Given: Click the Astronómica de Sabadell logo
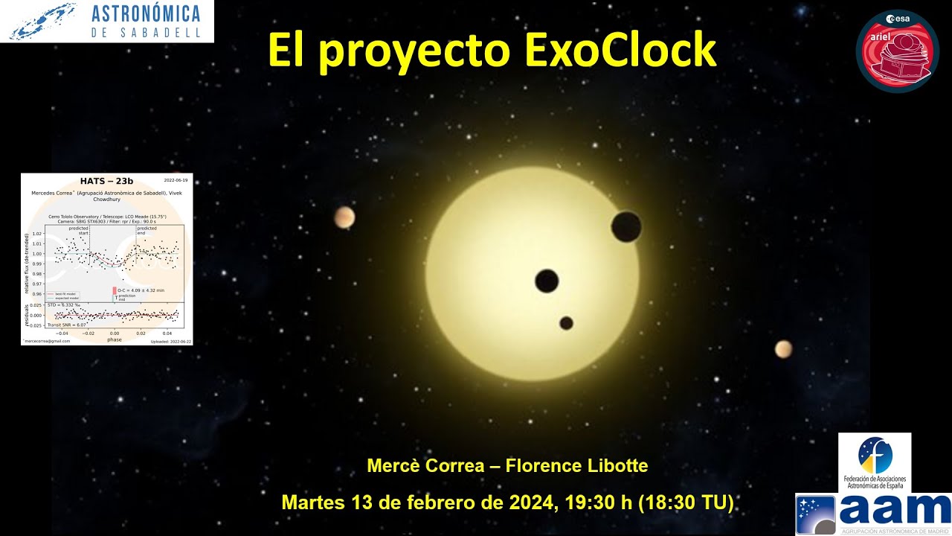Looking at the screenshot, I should (106, 21).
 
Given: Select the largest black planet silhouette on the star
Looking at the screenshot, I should (627, 226).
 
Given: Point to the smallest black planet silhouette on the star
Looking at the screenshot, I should (566, 323).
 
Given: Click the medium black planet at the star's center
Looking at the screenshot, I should (547, 281).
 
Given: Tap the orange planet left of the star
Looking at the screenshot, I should (344, 217).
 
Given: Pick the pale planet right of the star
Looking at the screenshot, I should (783, 348).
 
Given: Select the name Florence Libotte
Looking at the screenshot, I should (576, 466).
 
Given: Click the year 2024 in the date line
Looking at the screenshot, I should (531, 502).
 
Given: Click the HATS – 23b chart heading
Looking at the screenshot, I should (106, 181).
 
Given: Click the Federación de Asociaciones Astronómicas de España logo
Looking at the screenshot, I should (874, 462).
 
